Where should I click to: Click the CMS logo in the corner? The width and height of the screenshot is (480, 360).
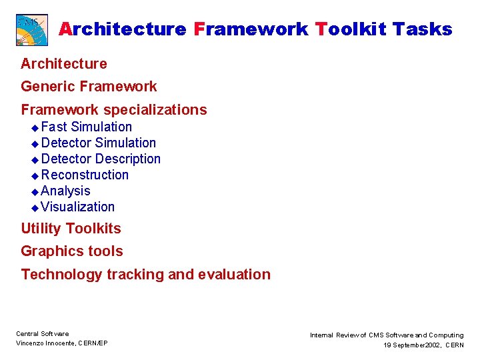(32, 29)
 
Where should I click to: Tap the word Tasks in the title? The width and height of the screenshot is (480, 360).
(422, 29)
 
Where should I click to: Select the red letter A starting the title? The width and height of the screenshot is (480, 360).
(65, 29)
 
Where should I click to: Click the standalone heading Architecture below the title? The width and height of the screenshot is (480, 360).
(64, 64)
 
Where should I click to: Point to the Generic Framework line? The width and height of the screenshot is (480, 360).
(89, 87)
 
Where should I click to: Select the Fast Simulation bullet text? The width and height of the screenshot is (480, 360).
(86, 127)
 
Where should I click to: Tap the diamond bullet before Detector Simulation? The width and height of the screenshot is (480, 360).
(35, 143)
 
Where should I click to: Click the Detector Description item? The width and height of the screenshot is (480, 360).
(101, 159)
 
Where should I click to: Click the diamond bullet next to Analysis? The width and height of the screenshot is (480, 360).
(35, 191)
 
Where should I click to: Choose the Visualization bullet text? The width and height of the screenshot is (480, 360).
(77, 207)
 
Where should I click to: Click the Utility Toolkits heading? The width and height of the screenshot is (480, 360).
(71, 229)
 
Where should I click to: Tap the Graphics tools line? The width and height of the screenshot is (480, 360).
(72, 251)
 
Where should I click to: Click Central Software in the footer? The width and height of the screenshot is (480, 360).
(42, 334)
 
